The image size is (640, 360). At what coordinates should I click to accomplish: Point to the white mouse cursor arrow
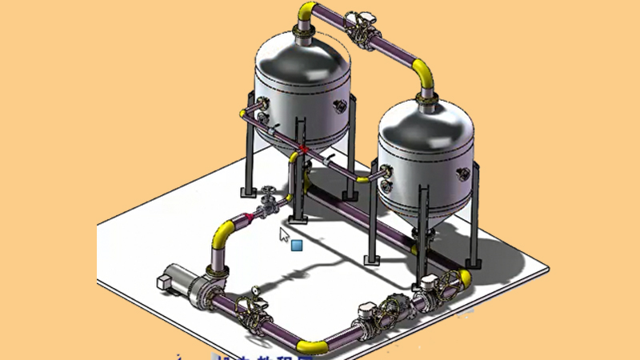click(x=284, y=234)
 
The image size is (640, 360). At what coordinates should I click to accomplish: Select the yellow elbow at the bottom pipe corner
click(x=312, y=345)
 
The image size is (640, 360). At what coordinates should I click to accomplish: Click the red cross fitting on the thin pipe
click(x=303, y=150)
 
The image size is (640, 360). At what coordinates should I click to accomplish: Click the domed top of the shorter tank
click(x=424, y=120)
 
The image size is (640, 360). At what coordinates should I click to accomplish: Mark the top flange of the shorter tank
click(x=425, y=98)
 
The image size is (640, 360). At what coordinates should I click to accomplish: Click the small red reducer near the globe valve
click(x=250, y=214)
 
